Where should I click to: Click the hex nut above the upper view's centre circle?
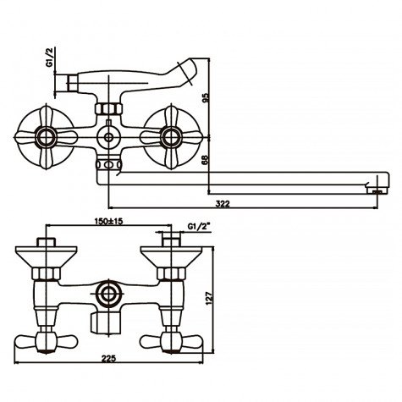click(x=107, y=109)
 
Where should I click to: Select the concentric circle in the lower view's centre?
click(x=107, y=295)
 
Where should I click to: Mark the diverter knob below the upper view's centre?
click(x=107, y=163)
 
